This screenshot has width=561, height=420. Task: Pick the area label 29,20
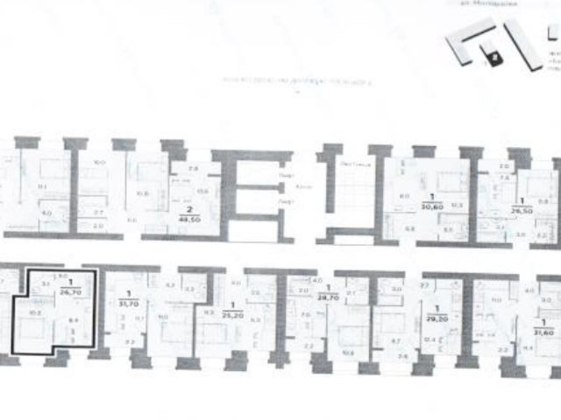[x=435, y=319]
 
